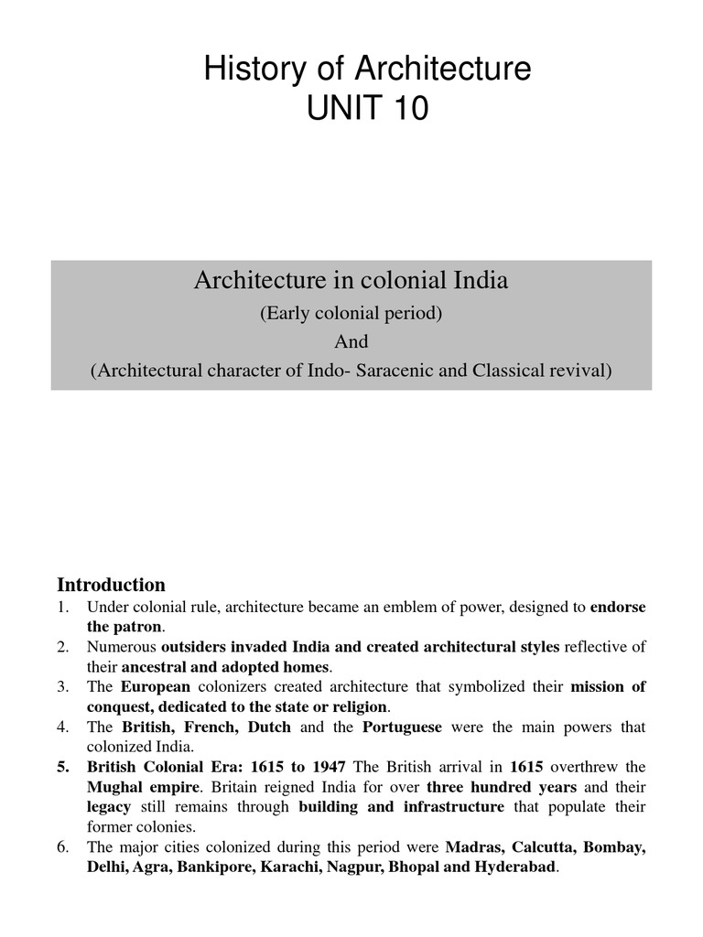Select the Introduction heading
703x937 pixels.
point(111,585)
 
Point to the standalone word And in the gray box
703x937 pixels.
point(351,341)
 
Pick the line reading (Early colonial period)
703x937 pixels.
point(351,313)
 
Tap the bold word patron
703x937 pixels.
point(136,627)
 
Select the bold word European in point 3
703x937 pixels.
point(156,687)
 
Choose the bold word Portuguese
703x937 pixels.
point(402,727)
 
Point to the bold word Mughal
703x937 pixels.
point(116,787)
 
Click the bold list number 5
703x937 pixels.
point(63,767)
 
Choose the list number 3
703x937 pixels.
point(63,687)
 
